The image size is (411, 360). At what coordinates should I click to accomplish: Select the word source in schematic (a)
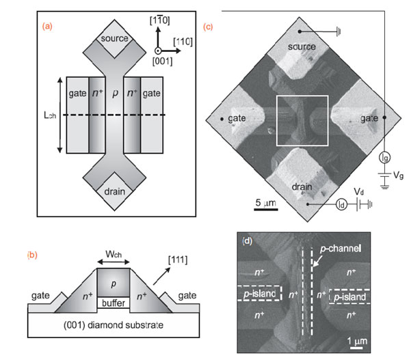tap(113, 40)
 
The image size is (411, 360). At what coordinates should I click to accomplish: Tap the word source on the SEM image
tap(302, 46)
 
